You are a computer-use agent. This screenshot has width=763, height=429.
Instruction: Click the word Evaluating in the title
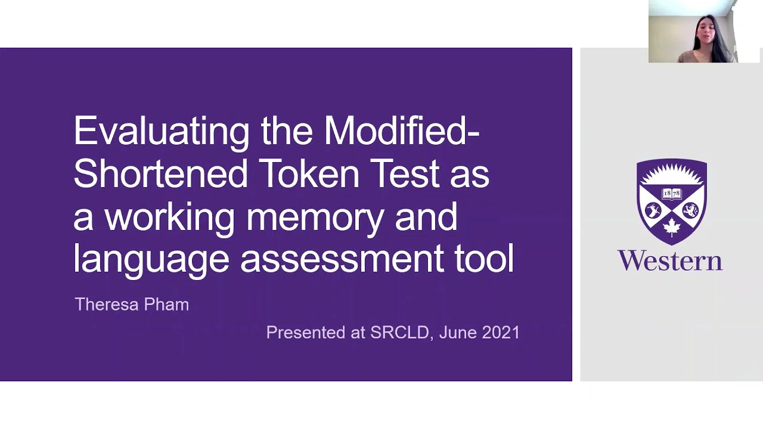162,131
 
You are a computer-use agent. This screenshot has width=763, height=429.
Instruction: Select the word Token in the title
309,173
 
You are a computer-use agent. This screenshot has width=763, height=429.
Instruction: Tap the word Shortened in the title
160,173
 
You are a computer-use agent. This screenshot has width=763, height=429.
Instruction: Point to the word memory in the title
315,217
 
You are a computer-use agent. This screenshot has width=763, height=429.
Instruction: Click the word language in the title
151,260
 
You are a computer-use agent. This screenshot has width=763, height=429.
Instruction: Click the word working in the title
170,217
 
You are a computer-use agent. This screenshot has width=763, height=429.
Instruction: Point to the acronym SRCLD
399,332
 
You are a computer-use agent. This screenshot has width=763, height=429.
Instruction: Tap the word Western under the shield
670,261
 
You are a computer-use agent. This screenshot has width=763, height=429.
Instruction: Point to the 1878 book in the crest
672,194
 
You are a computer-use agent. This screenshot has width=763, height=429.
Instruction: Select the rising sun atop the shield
672,175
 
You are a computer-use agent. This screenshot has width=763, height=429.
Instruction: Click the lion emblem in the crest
690,210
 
